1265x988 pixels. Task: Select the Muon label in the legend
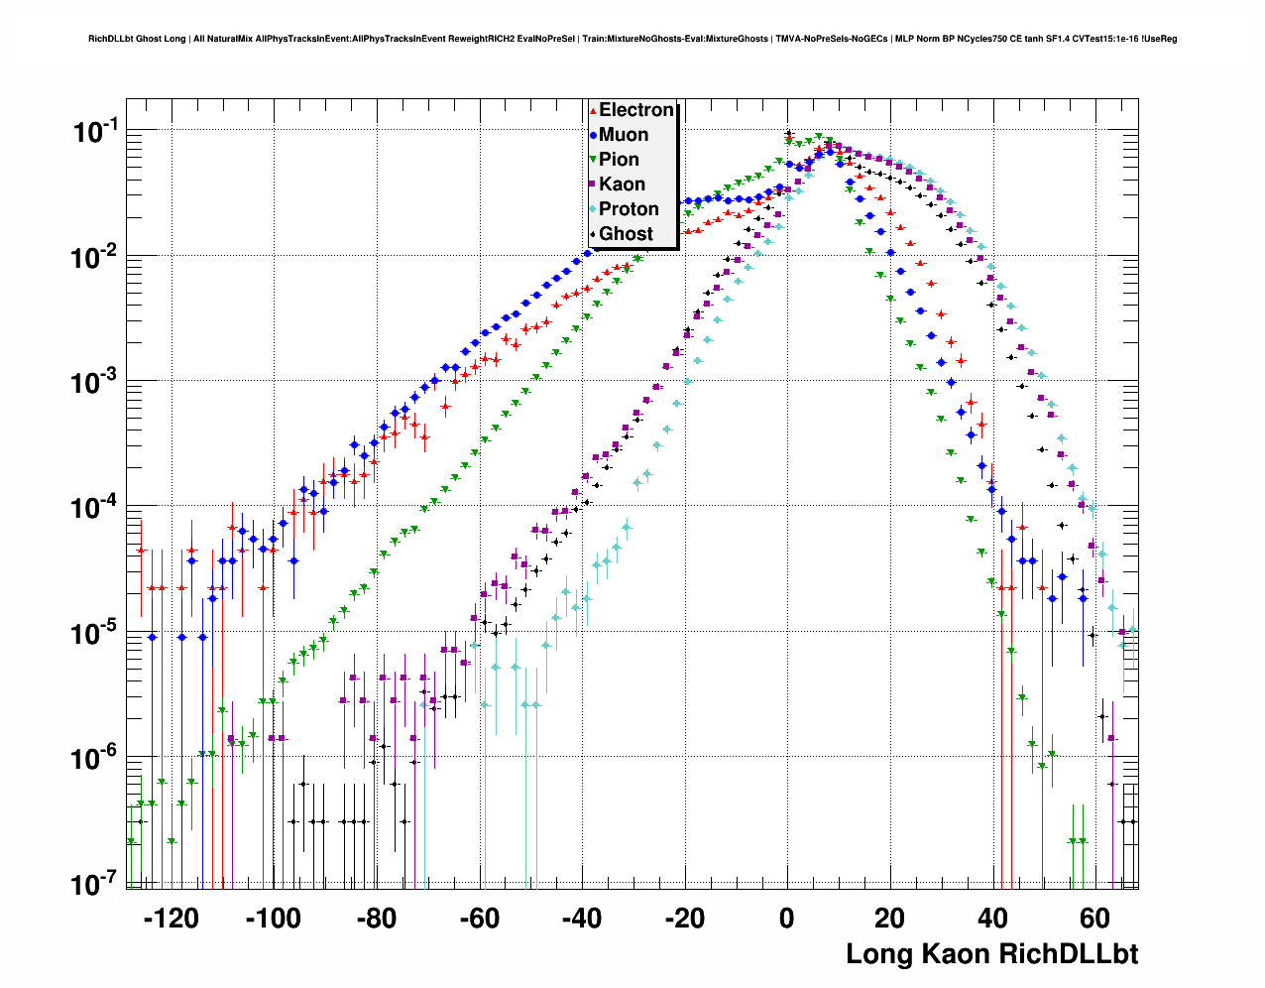pos(624,135)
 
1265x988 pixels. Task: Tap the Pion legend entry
pos(619,160)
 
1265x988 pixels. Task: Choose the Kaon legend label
pos(622,185)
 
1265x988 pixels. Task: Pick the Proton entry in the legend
pos(629,209)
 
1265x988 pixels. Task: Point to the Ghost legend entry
pos(626,234)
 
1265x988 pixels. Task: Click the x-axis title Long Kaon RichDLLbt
pos(991,954)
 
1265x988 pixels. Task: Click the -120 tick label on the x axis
pos(171,919)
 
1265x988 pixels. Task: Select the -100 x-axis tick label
pos(273,919)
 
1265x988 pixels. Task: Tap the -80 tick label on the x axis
pos(376,919)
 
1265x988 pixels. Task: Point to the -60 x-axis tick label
pos(479,919)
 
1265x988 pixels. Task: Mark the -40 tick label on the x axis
pos(582,919)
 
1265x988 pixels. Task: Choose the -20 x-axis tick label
pos(684,919)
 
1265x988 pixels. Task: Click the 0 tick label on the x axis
pos(787,919)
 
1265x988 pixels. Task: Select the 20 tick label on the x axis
pos(890,919)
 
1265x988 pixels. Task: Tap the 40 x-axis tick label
pos(992,919)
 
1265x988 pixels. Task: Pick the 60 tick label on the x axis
pos(1095,919)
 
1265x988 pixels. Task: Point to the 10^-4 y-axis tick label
pos(95,507)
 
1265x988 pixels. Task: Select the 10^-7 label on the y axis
pos(95,883)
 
